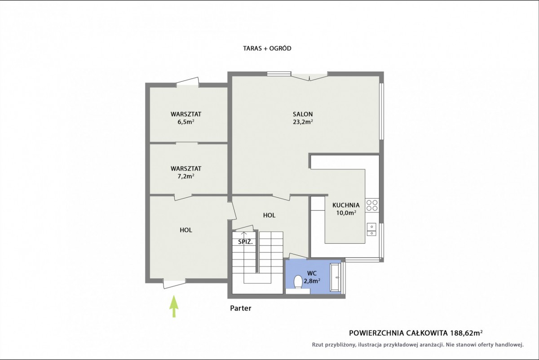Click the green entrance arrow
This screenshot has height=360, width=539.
[x=174, y=307]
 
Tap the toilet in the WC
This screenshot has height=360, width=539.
[x=298, y=282]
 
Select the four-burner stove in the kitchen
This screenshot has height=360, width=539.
[x=372, y=205]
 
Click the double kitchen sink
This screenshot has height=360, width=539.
[x=371, y=230]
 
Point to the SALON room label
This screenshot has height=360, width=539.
[x=303, y=114]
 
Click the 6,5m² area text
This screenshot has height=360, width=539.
[x=186, y=122]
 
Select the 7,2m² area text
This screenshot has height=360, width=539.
[x=186, y=176]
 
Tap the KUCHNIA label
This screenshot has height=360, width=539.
[x=346, y=205]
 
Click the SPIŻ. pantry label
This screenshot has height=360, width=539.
[x=245, y=242]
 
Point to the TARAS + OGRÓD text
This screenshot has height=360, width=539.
[x=267, y=49]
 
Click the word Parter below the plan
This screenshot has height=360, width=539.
[x=241, y=308]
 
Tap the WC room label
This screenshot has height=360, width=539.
[x=312, y=273]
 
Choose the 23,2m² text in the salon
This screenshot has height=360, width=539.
[x=303, y=122]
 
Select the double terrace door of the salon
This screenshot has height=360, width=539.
[x=309, y=76]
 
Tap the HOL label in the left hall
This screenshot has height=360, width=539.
[x=186, y=230]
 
